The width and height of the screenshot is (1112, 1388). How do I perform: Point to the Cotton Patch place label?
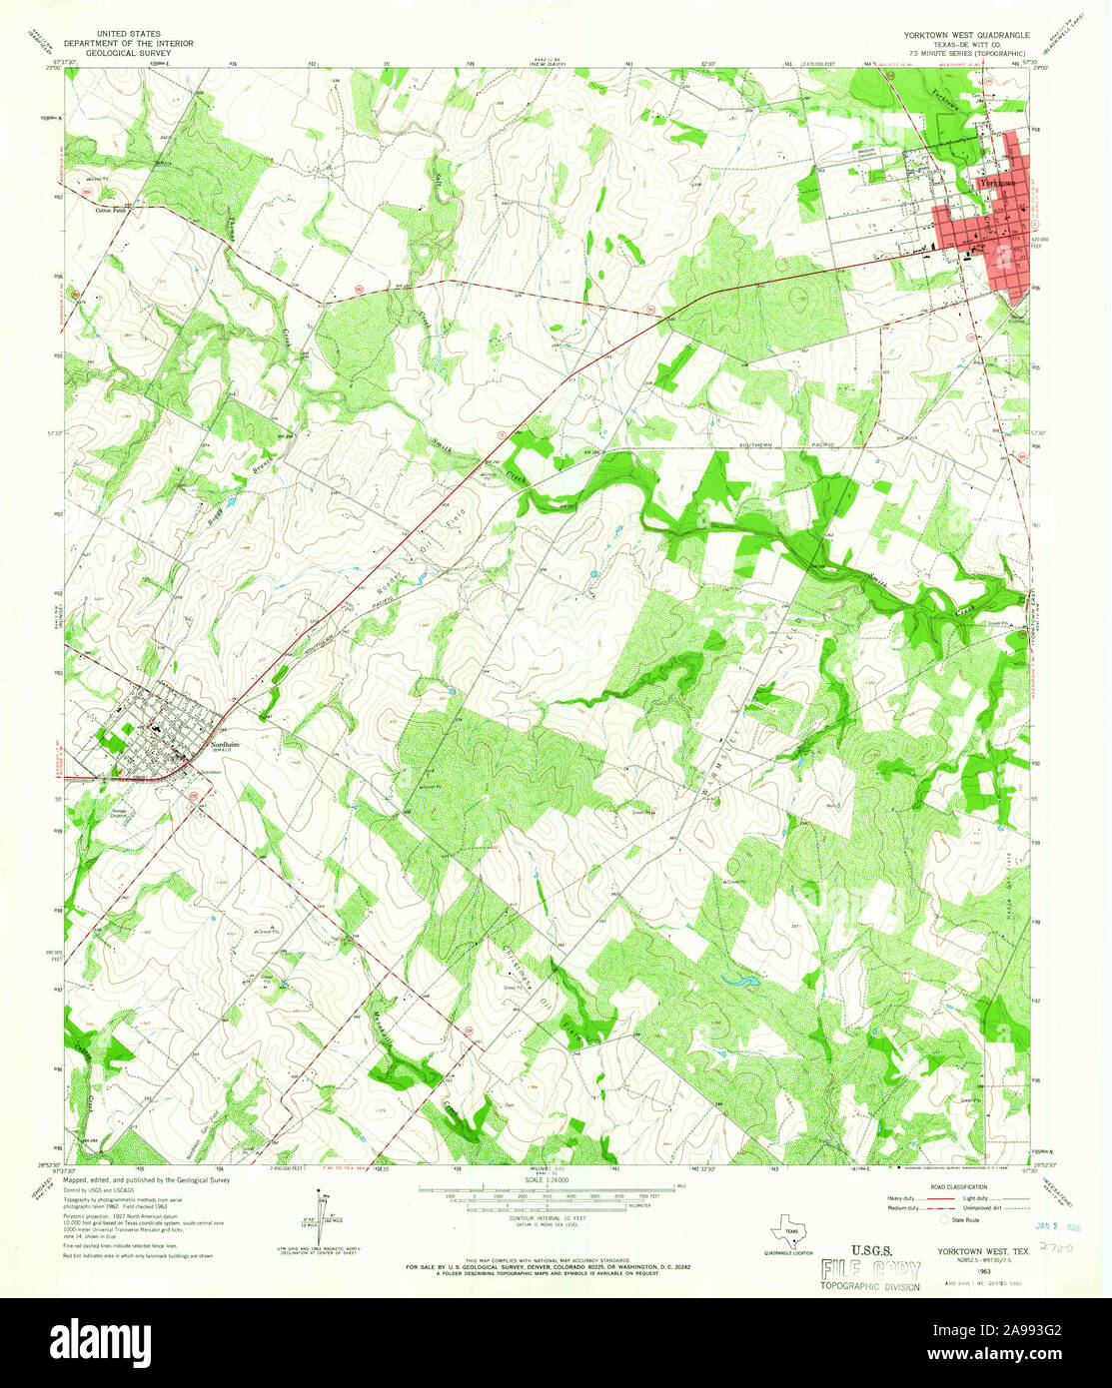[x=112, y=211]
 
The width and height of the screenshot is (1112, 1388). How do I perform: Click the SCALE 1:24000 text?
[x=545, y=1179]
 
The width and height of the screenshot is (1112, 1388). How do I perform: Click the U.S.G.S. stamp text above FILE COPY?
[x=872, y=1249]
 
